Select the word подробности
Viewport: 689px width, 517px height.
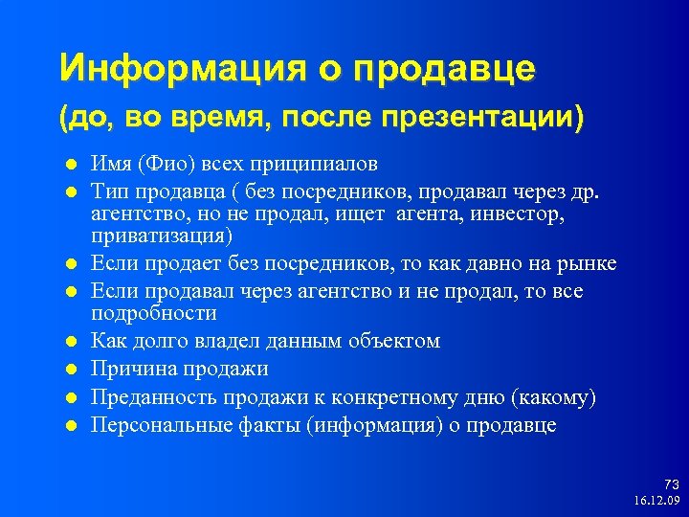tap(153, 313)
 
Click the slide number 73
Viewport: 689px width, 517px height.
tap(670, 485)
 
